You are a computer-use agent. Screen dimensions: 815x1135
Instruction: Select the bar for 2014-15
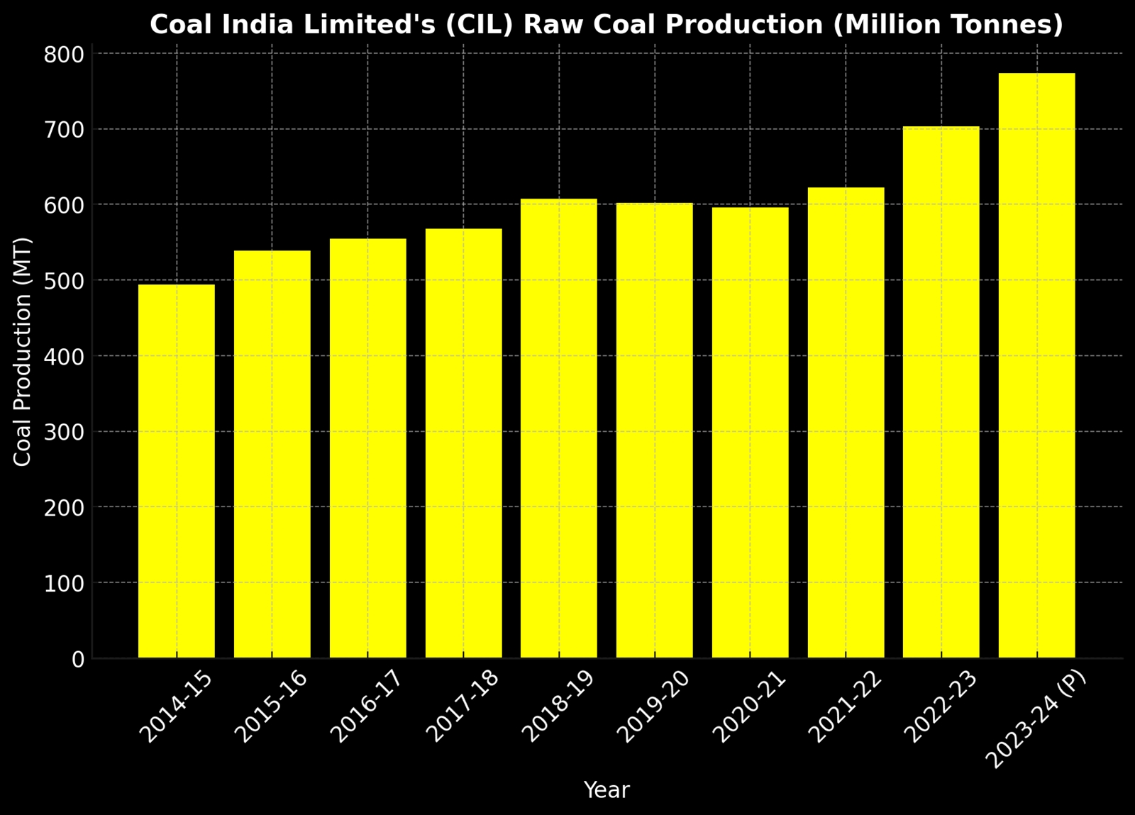176,472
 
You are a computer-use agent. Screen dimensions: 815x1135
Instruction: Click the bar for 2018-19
558,429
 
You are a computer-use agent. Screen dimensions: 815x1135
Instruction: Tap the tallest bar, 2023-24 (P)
1036,366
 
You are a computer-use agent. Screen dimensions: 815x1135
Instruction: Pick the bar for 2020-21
750,433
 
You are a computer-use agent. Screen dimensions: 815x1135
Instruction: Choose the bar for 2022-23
941,392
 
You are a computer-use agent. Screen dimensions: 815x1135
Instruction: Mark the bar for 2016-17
367,448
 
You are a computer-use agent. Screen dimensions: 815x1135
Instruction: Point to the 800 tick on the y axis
64,55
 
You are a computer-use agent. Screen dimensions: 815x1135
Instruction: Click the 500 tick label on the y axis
64,281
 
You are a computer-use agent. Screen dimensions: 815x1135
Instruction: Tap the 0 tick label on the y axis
77,660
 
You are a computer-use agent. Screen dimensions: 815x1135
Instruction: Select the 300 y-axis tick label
64,432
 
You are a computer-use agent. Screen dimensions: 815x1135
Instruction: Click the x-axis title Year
606,790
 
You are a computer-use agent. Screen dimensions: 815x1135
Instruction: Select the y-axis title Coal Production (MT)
23,352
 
